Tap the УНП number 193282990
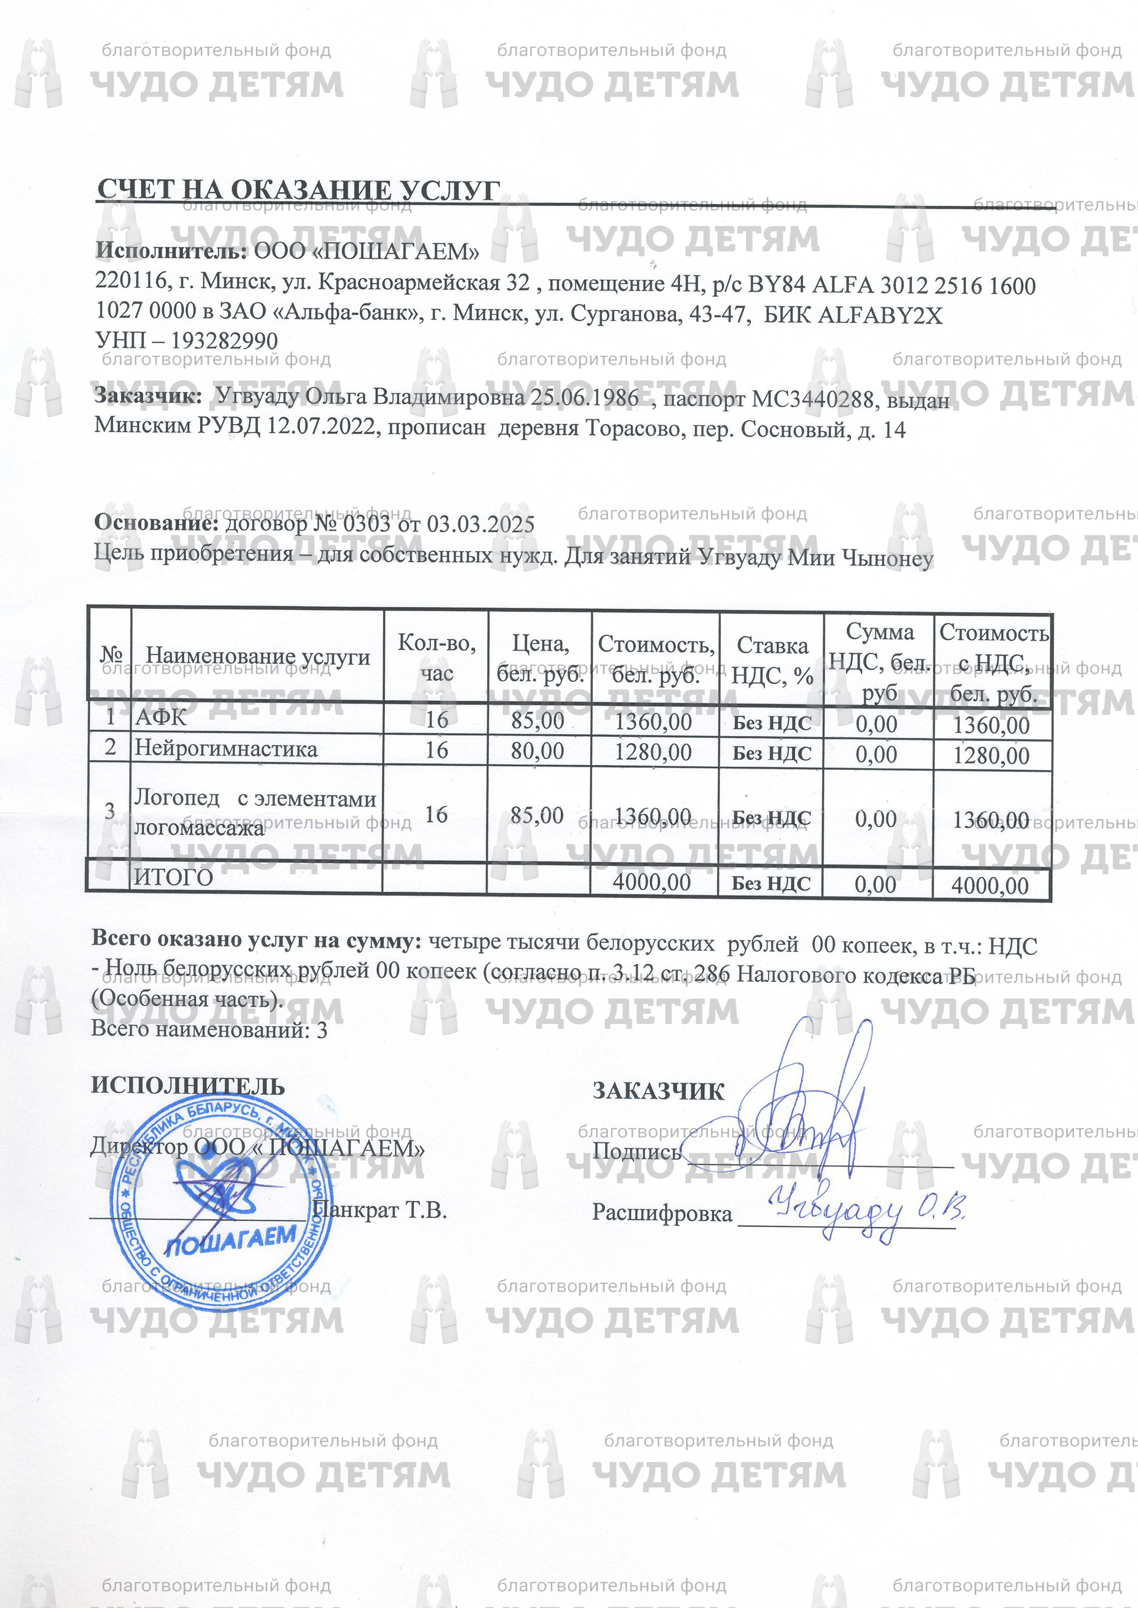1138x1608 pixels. [x=224, y=341]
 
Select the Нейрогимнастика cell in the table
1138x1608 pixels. [x=226, y=749]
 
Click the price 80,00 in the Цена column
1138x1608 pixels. [x=537, y=751]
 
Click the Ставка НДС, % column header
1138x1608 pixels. [x=771, y=660]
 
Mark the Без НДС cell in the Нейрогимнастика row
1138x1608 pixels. [x=771, y=754]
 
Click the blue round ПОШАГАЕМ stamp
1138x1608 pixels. [x=221, y=1201]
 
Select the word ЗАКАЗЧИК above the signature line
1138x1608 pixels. [x=658, y=1091]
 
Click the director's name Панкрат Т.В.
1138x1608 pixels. [x=380, y=1210]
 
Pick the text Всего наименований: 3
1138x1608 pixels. [x=209, y=1029]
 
